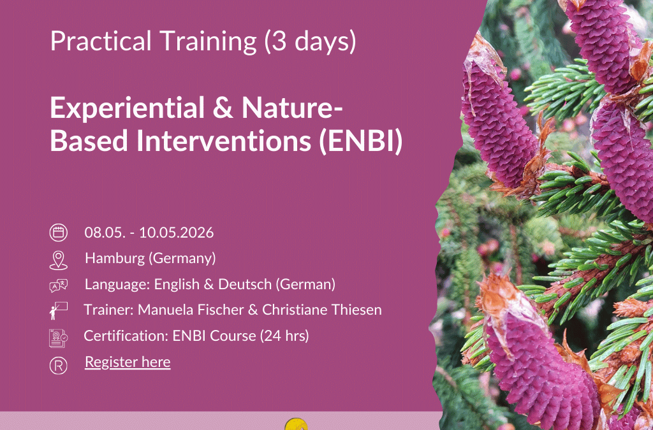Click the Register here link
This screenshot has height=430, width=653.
128,362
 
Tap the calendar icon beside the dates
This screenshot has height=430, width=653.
58,233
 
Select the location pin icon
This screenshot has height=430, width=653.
58,259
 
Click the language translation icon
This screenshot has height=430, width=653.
58,285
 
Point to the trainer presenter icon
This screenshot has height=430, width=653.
58,311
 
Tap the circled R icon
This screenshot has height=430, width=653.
58,364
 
